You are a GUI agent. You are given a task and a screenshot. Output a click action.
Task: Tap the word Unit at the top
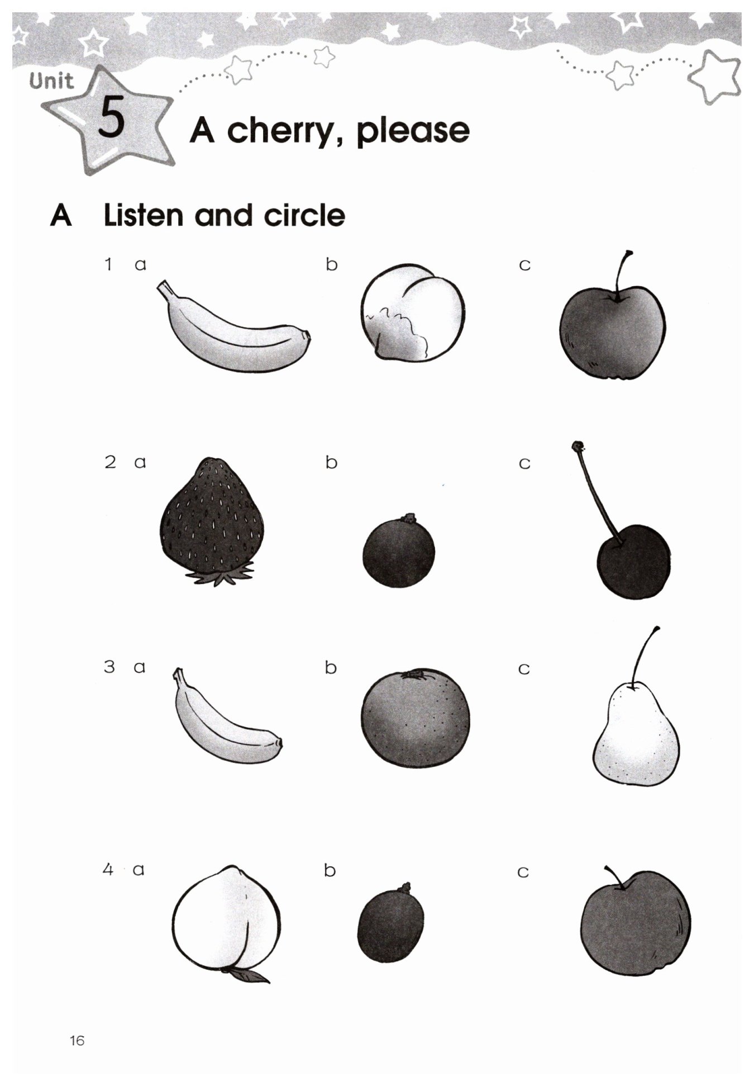[x=51, y=82]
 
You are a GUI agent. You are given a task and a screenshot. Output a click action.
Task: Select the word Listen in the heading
[x=143, y=216]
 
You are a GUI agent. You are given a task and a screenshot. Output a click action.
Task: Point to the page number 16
[x=77, y=1040]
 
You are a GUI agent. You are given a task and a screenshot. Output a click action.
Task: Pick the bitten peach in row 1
[x=412, y=313]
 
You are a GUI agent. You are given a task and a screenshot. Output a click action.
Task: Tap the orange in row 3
[x=415, y=718]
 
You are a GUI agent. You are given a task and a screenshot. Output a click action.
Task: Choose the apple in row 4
[x=635, y=923]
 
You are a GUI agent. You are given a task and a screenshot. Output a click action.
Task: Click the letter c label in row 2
[x=524, y=463]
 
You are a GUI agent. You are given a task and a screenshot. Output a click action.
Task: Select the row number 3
[x=109, y=666]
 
